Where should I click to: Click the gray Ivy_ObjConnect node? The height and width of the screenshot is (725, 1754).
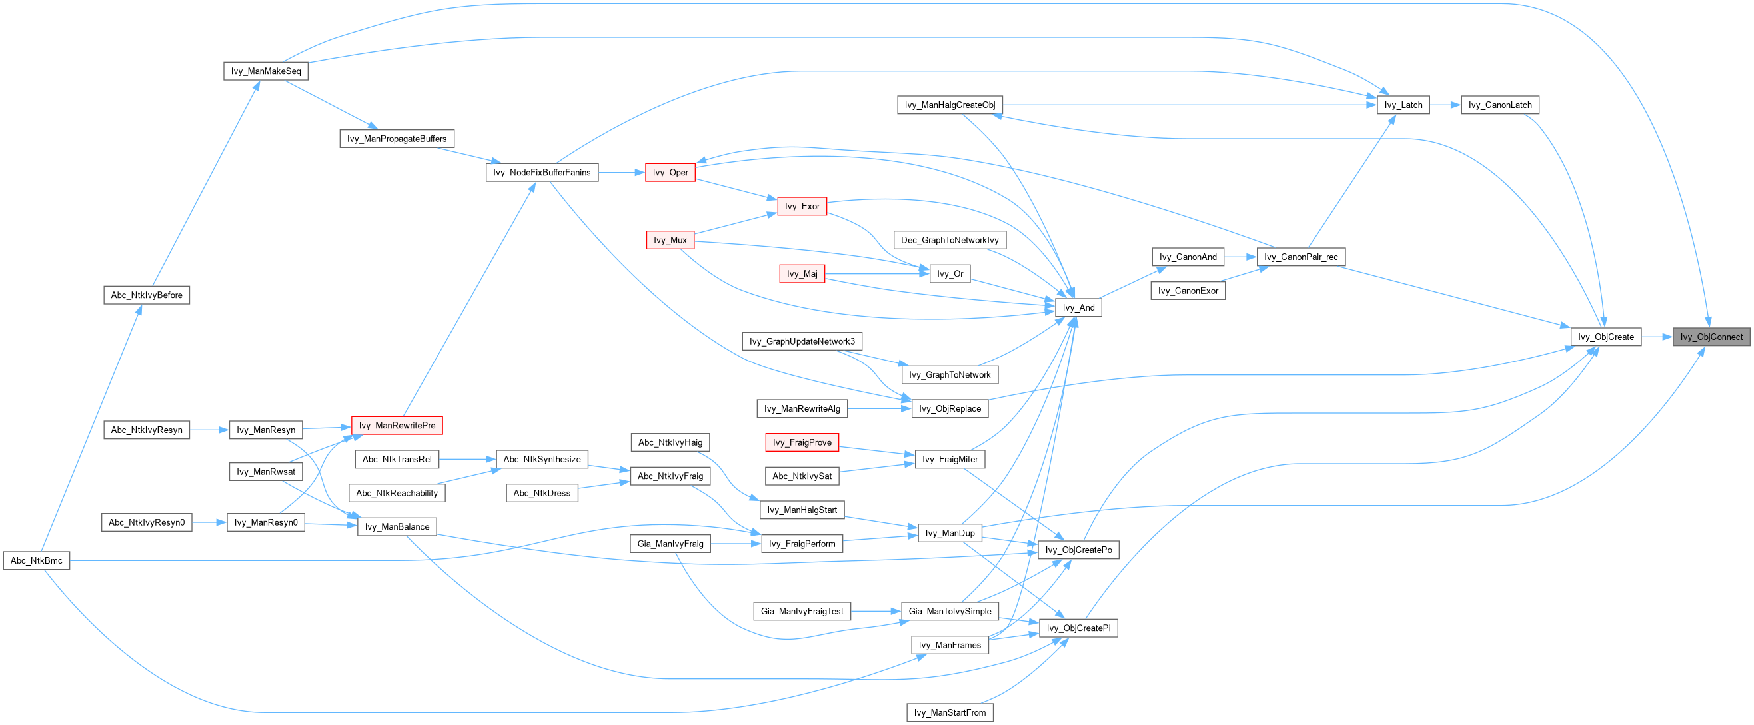(x=1711, y=337)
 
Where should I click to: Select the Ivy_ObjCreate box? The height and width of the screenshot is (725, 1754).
(x=1605, y=337)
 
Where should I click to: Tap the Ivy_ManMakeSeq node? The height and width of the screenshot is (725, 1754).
(x=265, y=71)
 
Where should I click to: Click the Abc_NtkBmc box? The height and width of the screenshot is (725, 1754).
(x=36, y=561)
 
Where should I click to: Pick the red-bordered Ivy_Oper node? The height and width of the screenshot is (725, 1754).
(x=670, y=173)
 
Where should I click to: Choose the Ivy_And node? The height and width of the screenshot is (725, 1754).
(x=1078, y=308)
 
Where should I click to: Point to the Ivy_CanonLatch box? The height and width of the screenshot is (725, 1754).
(x=1500, y=105)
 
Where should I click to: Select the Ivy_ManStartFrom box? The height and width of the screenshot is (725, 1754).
(x=950, y=713)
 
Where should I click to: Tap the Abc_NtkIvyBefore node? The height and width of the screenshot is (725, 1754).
(x=147, y=295)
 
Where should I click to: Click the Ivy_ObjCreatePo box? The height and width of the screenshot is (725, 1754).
(x=1078, y=550)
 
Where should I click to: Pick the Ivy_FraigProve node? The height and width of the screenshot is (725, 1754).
(x=802, y=443)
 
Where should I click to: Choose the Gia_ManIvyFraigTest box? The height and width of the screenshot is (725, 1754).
(x=802, y=611)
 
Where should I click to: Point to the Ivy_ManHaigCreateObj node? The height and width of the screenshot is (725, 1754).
(x=950, y=105)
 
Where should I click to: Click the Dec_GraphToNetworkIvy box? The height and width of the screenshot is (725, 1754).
(x=950, y=241)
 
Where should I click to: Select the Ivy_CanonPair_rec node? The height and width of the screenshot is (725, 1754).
(x=1301, y=257)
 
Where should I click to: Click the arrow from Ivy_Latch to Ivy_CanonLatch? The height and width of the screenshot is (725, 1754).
(x=1445, y=105)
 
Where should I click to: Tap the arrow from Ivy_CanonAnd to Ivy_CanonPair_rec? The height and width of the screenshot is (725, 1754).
(x=1240, y=257)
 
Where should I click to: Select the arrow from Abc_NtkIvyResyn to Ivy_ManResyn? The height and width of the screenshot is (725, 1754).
(x=210, y=430)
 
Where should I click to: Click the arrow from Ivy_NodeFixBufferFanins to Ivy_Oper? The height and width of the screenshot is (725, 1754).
(x=622, y=173)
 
